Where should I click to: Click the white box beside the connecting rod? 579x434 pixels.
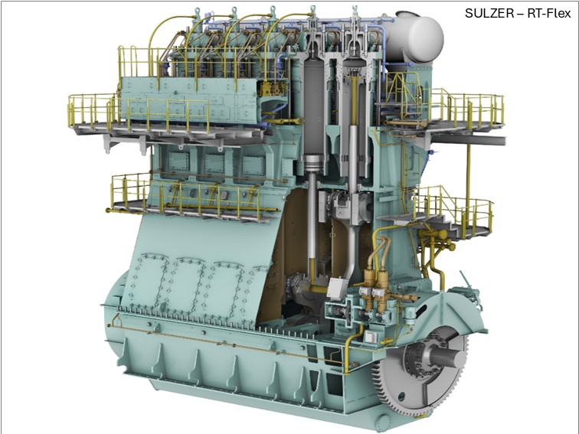pyautogui.click(x=337, y=288)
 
